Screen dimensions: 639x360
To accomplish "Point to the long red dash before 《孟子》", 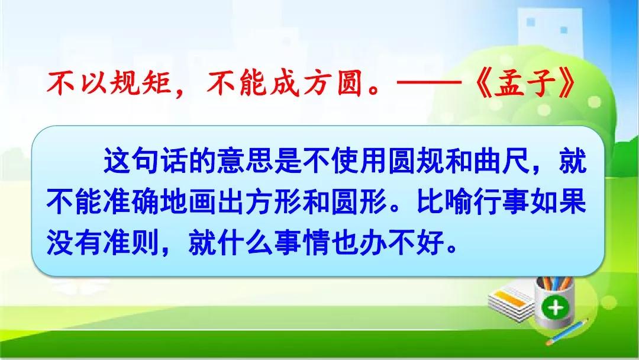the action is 429,83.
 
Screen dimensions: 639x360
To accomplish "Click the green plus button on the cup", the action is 555,307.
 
